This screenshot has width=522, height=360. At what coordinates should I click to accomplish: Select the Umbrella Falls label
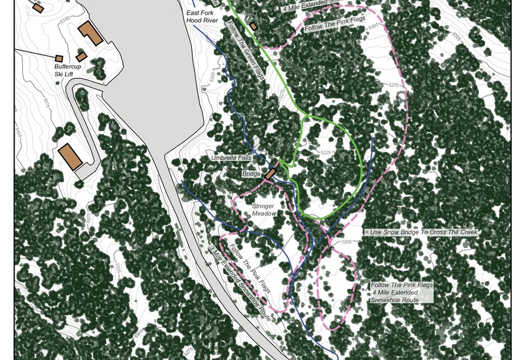230,158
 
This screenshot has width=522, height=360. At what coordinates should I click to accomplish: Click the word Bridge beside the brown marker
251,174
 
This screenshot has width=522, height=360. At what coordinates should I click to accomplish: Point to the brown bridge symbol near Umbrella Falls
270,173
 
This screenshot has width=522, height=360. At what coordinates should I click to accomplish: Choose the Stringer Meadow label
263,210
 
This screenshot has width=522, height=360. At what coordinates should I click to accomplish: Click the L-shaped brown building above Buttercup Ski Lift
90,33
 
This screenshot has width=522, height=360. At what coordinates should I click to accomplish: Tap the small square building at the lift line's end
59,58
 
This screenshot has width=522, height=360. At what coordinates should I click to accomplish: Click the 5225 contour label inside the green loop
327,153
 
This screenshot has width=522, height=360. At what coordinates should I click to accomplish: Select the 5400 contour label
19,133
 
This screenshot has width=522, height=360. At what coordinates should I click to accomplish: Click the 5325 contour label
456,38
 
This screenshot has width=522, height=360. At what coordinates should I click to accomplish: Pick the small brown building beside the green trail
253,26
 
